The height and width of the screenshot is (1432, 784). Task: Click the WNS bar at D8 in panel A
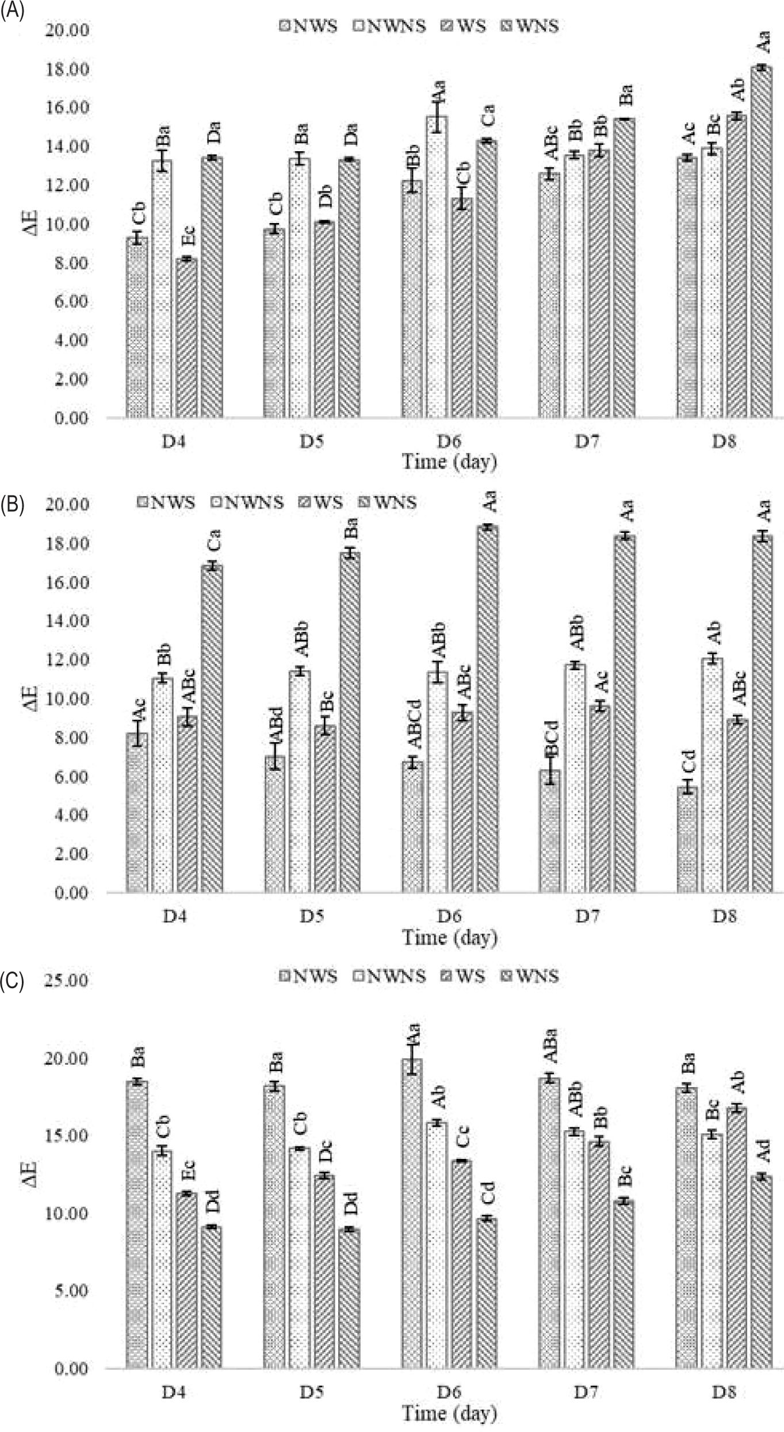pyautogui.click(x=762, y=242)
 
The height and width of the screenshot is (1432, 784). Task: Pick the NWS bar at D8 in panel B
pyautogui.click(x=687, y=839)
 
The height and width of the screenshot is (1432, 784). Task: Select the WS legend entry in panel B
pyautogui.click(x=322, y=502)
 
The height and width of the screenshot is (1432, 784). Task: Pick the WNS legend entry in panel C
pyautogui.click(x=529, y=976)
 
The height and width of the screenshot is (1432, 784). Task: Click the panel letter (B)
pyautogui.click(x=12, y=504)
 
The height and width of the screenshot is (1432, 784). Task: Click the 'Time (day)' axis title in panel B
pyautogui.click(x=449, y=938)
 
